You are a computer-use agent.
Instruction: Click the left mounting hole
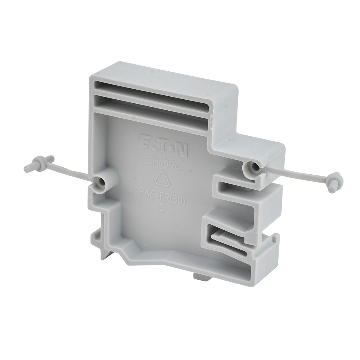point(101,183)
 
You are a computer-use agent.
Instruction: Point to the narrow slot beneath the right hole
point(235,186)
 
